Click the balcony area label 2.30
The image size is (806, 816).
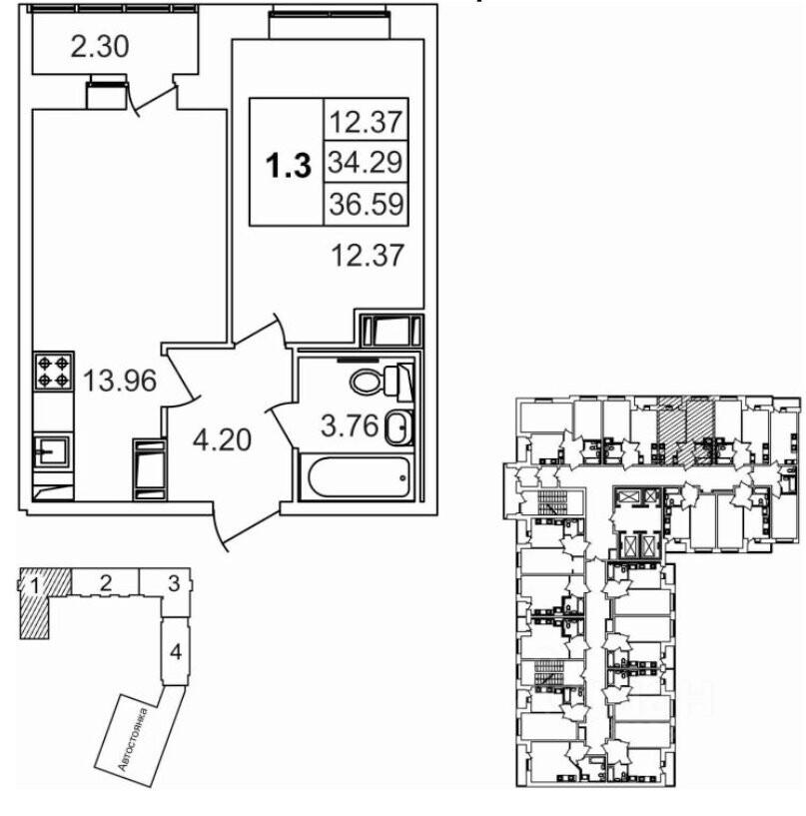[x=100, y=48]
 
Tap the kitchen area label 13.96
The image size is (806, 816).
[x=120, y=381]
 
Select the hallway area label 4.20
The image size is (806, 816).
[x=222, y=440]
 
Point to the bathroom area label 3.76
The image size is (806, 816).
[x=350, y=426]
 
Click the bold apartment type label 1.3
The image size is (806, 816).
[x=289, y=166]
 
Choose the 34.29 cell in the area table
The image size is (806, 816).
[x=366, y=162]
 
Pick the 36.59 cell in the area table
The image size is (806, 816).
[x=366, y=204]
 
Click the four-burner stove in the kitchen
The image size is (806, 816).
[x=53, y=372]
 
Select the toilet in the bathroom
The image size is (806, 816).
[x=382, y=382]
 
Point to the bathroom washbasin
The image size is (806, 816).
[x=399, y=427]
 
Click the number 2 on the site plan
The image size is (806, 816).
[x=106, y=583]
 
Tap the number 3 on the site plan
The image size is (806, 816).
[x=174, y=583]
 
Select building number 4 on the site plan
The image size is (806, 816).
[x=176, y=651]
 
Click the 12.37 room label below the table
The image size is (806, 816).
[x=368, y=256]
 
